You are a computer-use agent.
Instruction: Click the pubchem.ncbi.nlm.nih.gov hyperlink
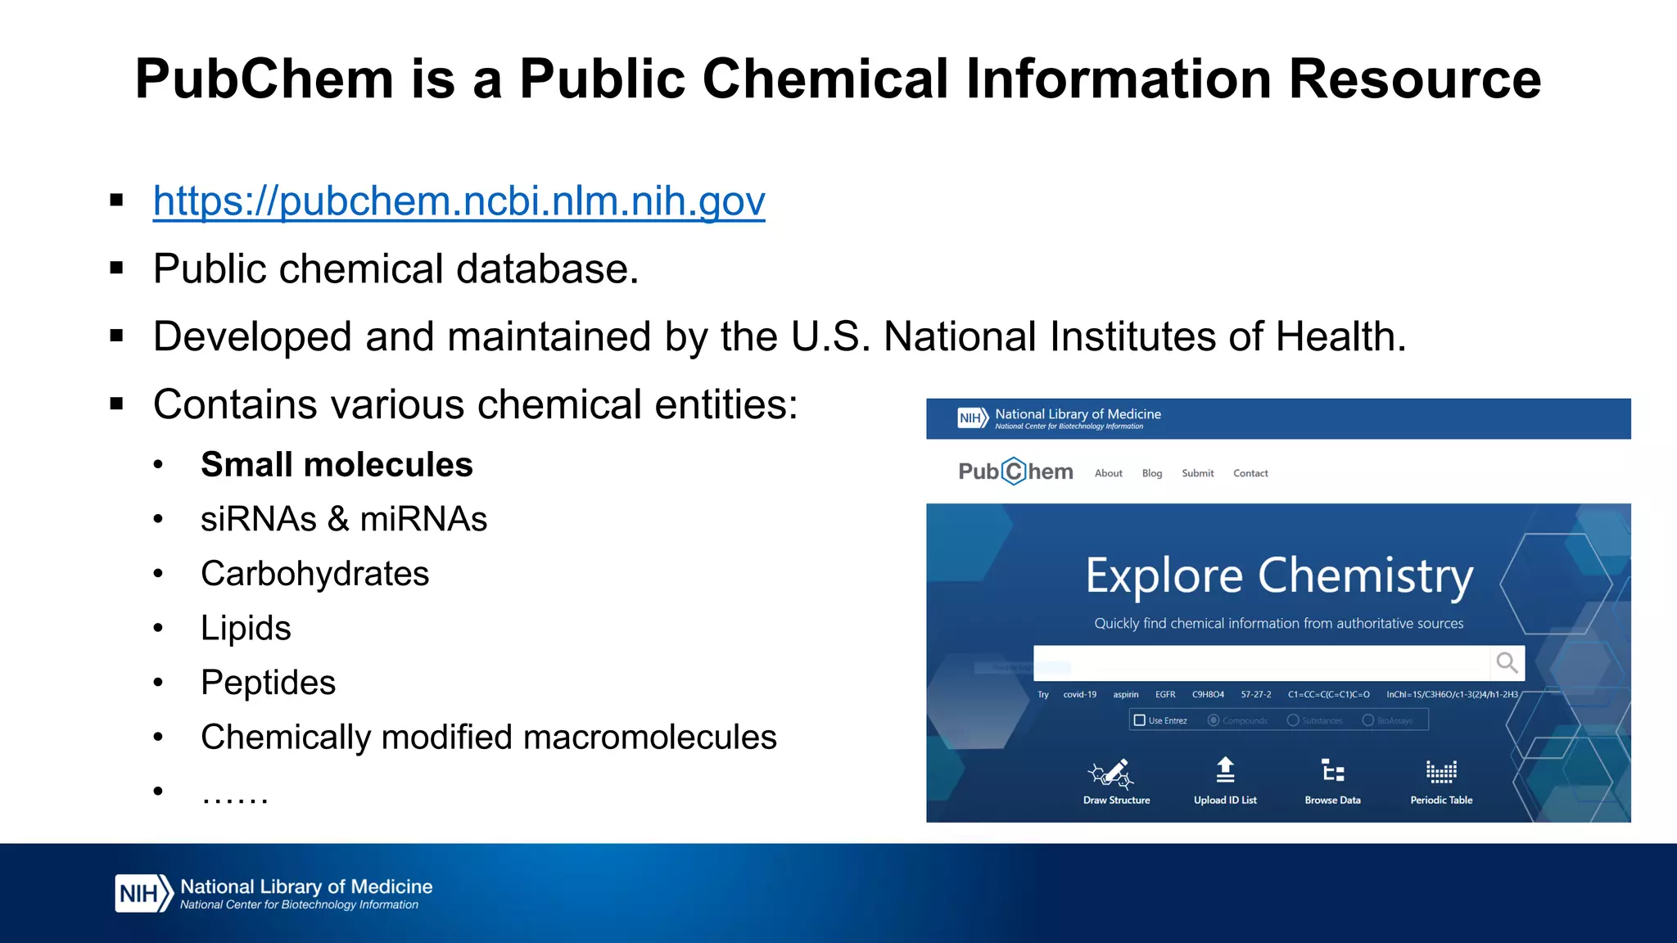point(459,201)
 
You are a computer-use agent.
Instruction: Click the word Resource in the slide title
point(1414,79)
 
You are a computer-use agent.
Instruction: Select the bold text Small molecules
point(337,465)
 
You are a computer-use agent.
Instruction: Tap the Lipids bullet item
point(246,629)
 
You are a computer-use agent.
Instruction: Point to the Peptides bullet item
point(268,683)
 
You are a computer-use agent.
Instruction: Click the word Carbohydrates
point(314,574)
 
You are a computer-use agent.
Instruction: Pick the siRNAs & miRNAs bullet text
point(343,519)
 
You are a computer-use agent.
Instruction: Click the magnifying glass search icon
point(1507,662)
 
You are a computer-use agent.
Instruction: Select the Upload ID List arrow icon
point(1225,770)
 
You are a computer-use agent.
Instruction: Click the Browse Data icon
point(1332,771)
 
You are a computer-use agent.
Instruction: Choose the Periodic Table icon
point(1441,771)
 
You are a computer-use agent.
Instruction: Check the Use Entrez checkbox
point(1139,720)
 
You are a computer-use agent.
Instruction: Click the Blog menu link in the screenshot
point(1151,473)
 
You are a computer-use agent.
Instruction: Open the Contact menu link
point(1250,473)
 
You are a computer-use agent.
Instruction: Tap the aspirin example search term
point(1125,694)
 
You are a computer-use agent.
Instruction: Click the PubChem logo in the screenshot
point(1015,471)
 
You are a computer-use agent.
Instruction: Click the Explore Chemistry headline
point(1279,576)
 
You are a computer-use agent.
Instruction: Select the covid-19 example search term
point(1079,694)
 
